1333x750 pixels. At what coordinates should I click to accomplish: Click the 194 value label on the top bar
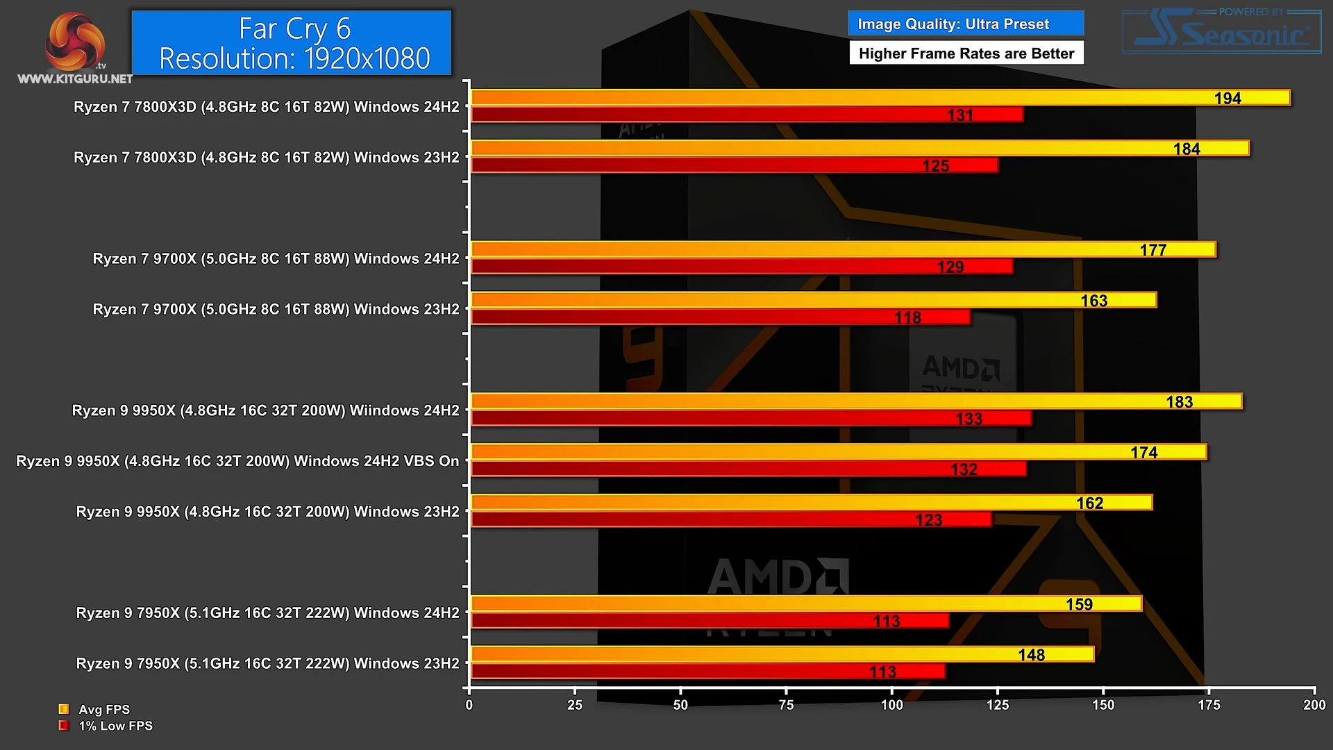coord(1227,99)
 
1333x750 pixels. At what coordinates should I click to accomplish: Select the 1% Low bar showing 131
coord(746,115)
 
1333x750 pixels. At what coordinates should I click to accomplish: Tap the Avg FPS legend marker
coord(64,709)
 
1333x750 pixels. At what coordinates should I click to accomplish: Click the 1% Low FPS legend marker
coord(64,726)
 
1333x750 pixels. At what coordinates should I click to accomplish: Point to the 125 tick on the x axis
coord(997,705)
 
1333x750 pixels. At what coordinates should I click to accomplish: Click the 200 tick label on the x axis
coord(1314,705)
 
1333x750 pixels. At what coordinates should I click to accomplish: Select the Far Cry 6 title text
coord(294,29)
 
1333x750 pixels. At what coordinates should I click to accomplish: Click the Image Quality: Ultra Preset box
coord(965,24)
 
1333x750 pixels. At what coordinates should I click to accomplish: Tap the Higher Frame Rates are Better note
coord(966,53)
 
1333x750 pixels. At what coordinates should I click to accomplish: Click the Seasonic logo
coord(1222,32)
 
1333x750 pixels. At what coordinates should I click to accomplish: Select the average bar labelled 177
coord(843,249)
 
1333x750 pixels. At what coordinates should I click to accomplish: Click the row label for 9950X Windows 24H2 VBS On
coord(237,461)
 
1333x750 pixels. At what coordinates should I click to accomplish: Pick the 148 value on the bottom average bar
coord(1031,655)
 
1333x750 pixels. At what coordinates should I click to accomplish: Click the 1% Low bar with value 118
coord(720,317)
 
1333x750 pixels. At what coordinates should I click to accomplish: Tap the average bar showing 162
coord(811,502)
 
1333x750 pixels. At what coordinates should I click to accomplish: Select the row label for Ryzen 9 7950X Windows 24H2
coord(267,613)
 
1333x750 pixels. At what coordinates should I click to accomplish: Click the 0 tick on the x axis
coord(469,705)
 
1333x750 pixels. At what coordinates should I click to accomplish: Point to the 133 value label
coord(969,419)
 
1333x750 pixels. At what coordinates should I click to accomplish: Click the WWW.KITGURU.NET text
coord(75,78)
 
